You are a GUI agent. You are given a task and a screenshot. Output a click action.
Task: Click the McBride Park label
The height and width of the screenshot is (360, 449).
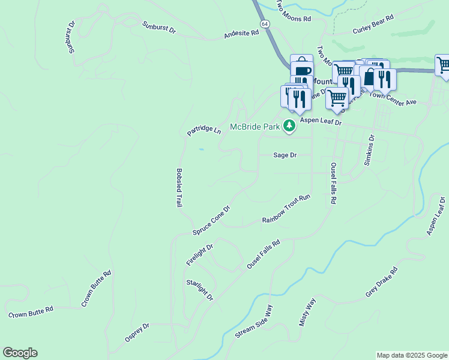255,127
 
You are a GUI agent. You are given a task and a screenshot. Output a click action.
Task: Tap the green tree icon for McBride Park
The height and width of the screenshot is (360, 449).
289,125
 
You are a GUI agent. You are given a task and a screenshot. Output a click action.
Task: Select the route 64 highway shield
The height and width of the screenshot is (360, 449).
264,23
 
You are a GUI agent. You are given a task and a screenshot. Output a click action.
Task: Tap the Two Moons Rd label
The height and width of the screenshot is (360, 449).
294,13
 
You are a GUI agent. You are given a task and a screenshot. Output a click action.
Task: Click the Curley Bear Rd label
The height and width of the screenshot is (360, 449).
373,25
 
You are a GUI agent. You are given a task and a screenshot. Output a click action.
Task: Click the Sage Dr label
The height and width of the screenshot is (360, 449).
285,155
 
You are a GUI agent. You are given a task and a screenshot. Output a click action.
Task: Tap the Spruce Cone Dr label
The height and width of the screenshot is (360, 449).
211,220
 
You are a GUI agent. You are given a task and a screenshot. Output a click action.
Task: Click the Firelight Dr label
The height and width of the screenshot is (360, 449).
199,254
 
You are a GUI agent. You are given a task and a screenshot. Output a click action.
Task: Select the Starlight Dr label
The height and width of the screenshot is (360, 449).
200,290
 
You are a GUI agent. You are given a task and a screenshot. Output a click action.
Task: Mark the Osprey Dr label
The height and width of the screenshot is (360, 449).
137,332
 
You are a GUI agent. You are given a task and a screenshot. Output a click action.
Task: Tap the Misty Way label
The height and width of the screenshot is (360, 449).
307,312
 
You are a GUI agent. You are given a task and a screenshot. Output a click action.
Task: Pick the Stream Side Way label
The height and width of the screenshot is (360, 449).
255,322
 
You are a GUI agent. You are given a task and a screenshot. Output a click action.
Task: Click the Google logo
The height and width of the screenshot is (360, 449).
20,353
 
